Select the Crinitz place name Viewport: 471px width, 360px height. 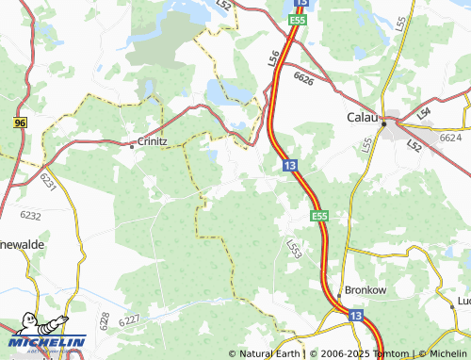(x=153, y=142)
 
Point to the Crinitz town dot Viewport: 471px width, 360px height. (x=131, y=144)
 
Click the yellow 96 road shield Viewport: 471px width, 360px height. (x=20, y=123)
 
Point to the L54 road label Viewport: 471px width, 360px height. (x=424, y=113)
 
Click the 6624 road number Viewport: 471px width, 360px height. (x=451, y=138)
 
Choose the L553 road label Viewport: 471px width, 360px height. (x=295, y=247)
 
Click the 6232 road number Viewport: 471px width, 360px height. (x=31, y=216)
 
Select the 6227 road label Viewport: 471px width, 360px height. (x=129, y=320)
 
